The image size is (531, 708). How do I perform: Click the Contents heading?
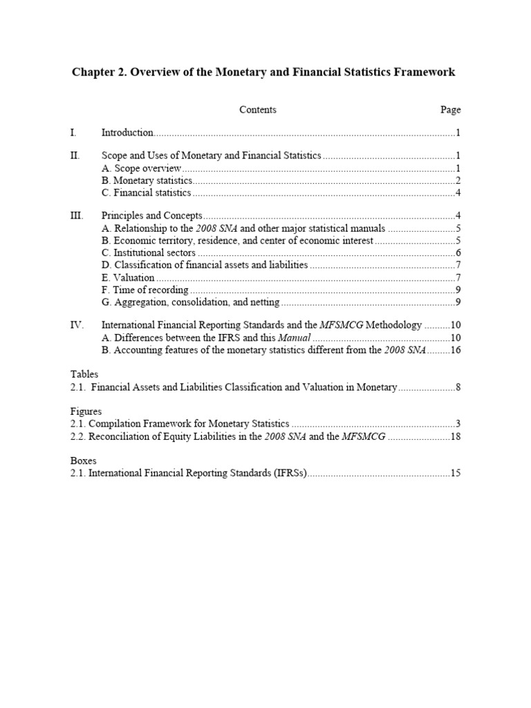pyautogui.click(x=258, y=110)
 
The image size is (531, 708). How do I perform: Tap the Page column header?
pyautogui.click(x=450, y=110)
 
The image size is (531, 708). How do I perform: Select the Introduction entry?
pyautogui.click(x=127, y=133)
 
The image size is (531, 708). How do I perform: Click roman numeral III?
pyautogui.click(x=77, y=216)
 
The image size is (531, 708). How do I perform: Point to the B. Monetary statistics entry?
pyautogui.click(x=147, y=180)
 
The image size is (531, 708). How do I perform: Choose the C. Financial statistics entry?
pyautogui.click(x=146, y=193)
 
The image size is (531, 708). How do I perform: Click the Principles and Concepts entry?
pyautogui.click(x=151, y=216)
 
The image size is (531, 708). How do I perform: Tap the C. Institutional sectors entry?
pyautogui.click(x=148, y=253)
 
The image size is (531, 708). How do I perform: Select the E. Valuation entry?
pyautogui.click(x=128, y=278)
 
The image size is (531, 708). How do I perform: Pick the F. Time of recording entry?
pyautogui.click(x=145, y=290)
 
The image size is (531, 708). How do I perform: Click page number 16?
pyautogui.click(x=456, y=351)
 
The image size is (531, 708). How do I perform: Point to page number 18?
pyautogui.click(x=456, y=437)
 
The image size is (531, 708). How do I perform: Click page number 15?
pyautogui.click(x=456, y=474)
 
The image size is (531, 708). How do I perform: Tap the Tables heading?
pyautogui.click(x=84, y=374)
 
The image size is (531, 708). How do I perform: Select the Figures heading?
pyautogui.click(x=86, y=411)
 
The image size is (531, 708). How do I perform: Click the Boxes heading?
pyautogui.click(x=84, y=460)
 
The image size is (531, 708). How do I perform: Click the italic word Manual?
pyautogui.click(x=295, y=338)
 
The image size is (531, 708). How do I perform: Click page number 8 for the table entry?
pyautogui.click(x=458, y=387)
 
